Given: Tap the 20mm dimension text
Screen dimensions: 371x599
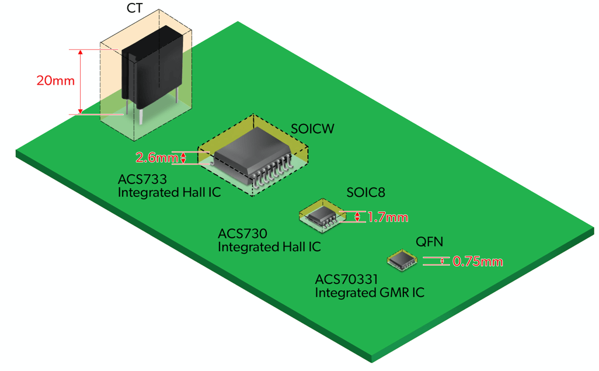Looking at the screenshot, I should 55,81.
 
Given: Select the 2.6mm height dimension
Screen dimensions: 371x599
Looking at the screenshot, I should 156,158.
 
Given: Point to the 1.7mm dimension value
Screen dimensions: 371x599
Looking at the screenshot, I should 387,217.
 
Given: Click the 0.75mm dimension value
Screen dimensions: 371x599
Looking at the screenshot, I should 477,261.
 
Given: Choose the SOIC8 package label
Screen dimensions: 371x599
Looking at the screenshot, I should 365,192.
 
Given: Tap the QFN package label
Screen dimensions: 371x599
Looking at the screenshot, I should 429,241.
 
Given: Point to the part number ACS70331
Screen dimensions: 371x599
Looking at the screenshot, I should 349,279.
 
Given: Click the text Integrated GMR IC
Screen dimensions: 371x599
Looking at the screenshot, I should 370,293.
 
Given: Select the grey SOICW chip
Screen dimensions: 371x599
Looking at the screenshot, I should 252,155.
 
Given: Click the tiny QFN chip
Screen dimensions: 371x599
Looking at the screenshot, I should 401,260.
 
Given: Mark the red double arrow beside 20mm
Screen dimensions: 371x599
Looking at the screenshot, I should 81,82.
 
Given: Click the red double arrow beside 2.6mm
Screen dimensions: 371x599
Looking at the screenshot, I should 184,158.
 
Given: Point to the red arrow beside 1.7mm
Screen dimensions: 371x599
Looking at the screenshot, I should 357,217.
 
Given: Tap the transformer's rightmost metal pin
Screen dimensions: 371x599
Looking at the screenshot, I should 177,96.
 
